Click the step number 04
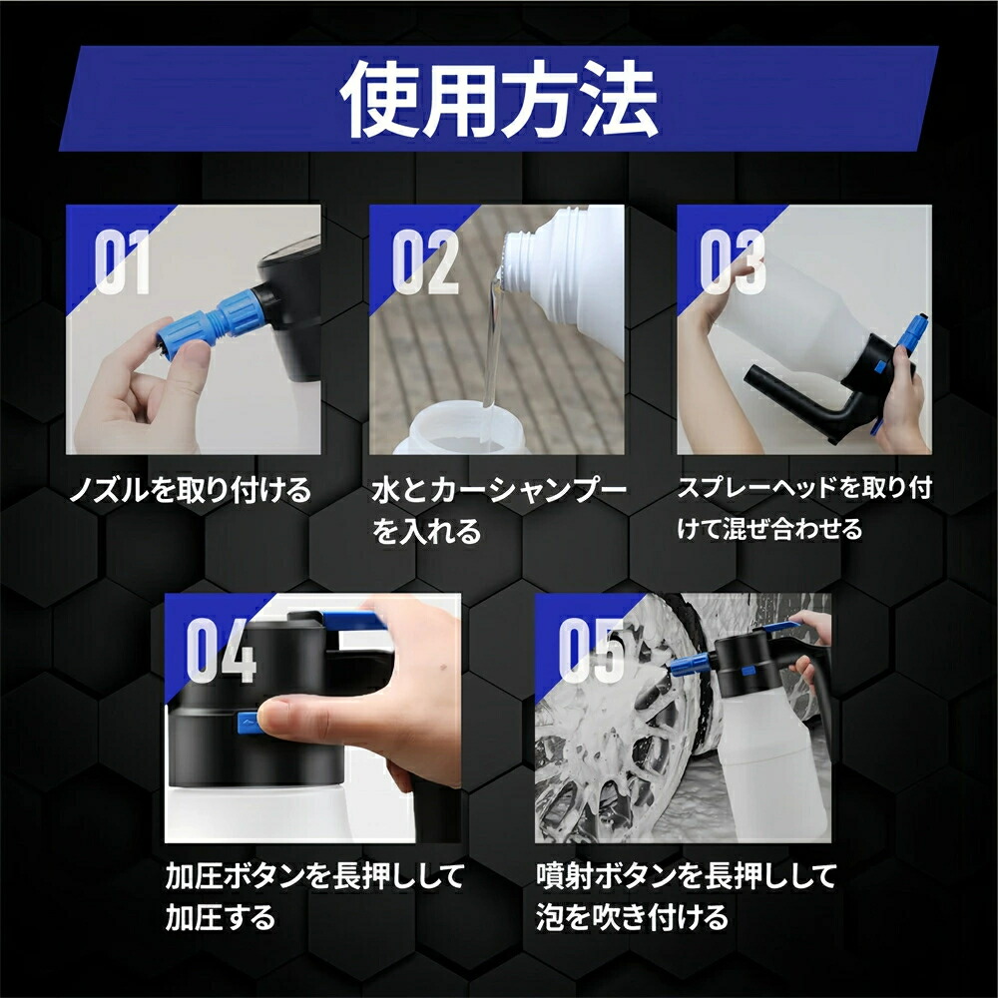coord(221,651)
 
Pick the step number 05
coord(591,651)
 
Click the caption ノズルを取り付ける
coord(190,490)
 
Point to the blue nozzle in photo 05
coord(689,663)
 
